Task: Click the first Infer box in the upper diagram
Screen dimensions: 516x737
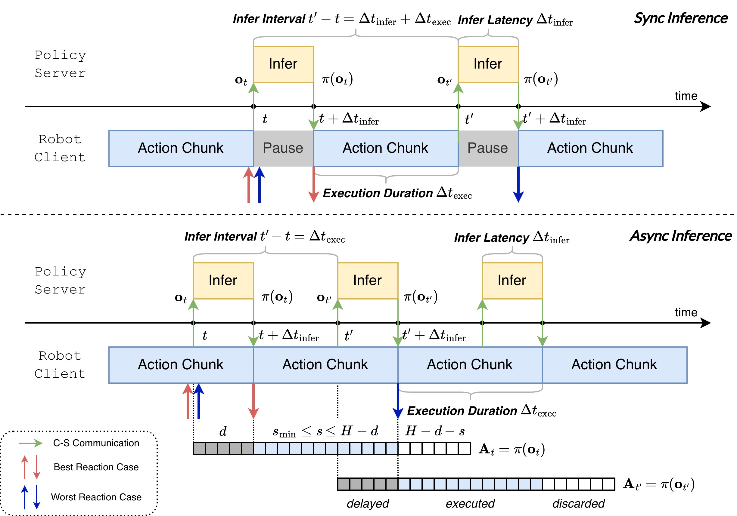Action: point(283,64)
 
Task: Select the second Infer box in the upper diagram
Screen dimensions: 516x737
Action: point(488,64)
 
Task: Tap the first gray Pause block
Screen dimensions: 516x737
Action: point(283,148)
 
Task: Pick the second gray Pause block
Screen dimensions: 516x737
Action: point(488,148)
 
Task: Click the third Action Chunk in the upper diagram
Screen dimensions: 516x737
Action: point(590,148)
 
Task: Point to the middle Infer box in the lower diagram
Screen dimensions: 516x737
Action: point(368,281)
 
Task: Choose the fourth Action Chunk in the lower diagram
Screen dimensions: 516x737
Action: point(614,365)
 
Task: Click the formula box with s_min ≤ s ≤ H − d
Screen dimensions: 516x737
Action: point(325,430)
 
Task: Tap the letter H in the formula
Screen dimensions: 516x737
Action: point(346,430)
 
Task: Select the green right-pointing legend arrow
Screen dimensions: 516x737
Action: point(31,443)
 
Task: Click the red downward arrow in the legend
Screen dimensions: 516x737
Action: point(37,467)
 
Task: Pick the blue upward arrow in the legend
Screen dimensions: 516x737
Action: point(25,497)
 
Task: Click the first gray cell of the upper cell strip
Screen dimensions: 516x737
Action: point(199,448)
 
